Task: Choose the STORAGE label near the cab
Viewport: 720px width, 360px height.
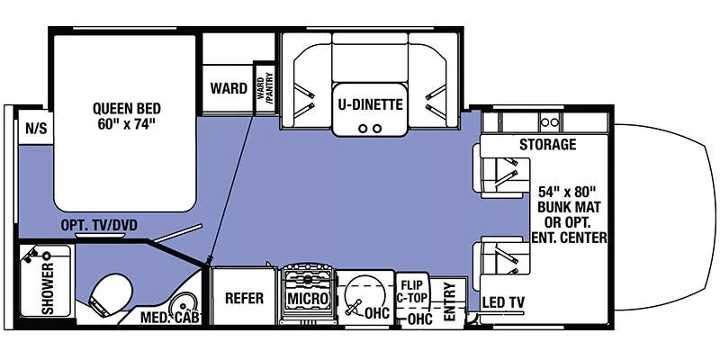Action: pos(547,144)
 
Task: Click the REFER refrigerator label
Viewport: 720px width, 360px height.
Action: pos(243,298)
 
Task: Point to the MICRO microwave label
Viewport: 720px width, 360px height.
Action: pos(307,297)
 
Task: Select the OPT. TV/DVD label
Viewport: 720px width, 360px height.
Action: pos(98,225)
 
